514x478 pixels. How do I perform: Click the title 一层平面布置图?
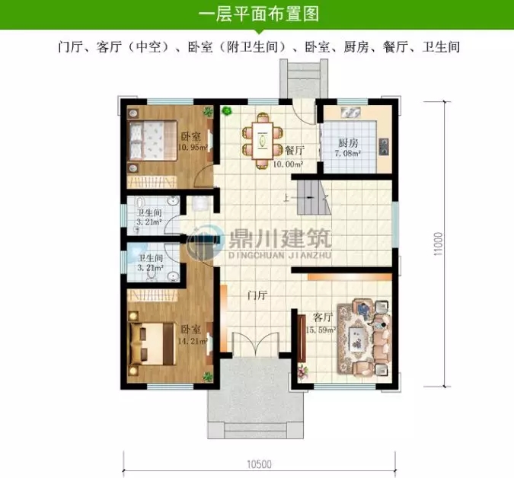tap(257, 14)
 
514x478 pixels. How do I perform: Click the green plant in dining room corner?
tap(227, 111)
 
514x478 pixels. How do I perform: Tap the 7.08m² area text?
tap(347, 154)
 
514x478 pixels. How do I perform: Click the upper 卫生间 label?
tap(150, 214)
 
